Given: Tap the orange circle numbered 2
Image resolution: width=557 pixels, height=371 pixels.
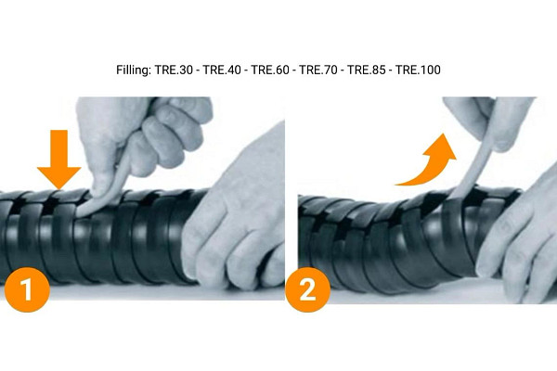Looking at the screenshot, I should coord(307,288).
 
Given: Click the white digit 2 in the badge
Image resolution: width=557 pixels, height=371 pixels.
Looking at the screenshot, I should coord(307,288).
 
